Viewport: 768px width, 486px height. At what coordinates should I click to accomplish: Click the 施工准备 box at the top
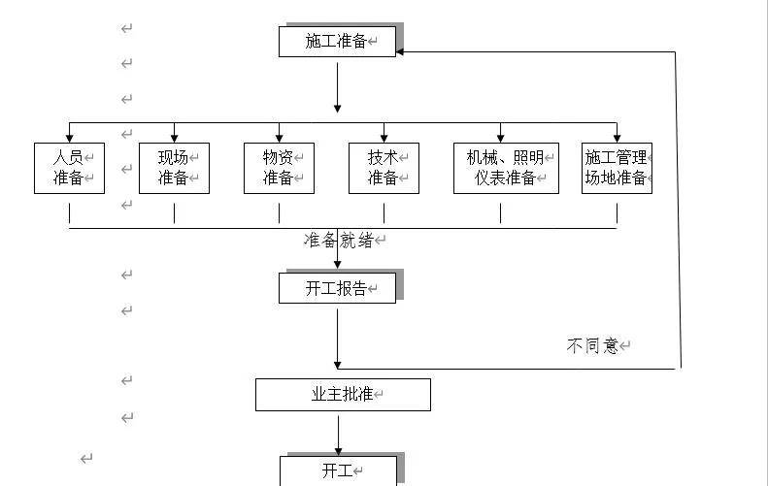[x=337, y=42]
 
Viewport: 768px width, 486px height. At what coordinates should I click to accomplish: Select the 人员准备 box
[x=69, y=168]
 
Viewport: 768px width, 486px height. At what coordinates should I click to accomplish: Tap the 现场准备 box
[x=174, y=168]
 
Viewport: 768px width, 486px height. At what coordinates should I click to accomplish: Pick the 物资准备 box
[x=279, y=168]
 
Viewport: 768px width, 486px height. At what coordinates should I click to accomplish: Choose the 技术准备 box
[x=384, y=168]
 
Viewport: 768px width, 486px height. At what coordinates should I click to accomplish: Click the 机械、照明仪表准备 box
[x=506, y=168]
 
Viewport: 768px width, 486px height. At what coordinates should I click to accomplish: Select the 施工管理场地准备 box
[x=617, y=168]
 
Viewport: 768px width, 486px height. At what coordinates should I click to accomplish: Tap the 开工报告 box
[x=337, y=288]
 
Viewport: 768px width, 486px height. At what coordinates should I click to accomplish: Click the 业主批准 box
[x=343, y=395]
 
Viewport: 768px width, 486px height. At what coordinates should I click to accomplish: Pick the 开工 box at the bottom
[x=338, y=470]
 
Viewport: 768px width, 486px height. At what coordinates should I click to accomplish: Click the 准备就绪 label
[x=338, y=240]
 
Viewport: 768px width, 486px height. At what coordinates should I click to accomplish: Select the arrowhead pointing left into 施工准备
[x=401, y=51]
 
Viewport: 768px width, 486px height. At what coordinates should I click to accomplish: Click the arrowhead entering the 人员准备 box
[x=69, y=138]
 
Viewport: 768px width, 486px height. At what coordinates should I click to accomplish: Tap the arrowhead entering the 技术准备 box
[x=384, y=138]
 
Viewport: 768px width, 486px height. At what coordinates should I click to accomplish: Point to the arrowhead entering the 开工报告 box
[x=337, y=268]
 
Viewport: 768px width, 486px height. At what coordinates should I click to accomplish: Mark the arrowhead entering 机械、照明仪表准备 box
[x=501, y=138]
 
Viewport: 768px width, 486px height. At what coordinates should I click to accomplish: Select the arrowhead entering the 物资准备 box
[x=279, y=138]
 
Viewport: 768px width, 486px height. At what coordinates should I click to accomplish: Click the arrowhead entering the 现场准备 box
[x=174, y=138]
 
